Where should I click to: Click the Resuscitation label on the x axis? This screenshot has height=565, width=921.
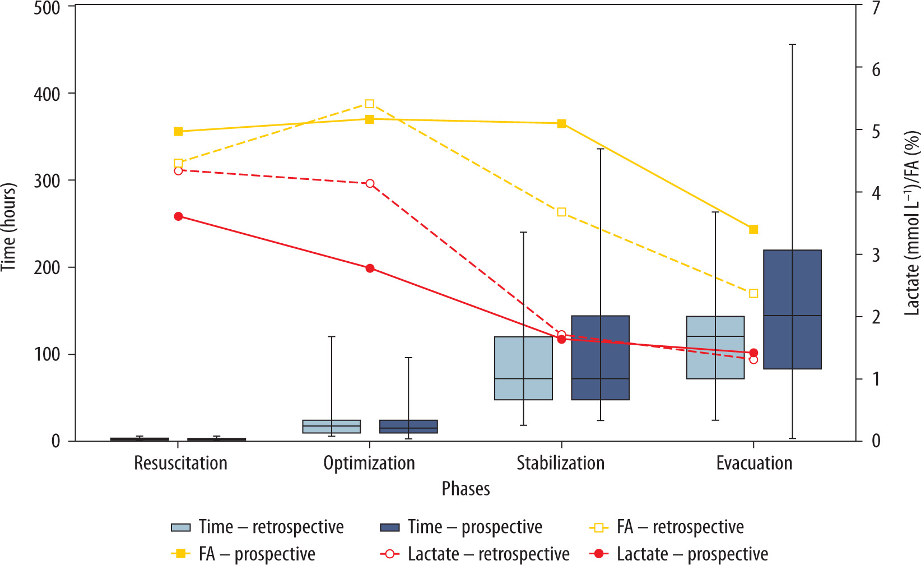click(180, 464)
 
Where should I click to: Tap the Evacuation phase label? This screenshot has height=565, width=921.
click(754, 464)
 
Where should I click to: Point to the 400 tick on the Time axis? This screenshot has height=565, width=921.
click(48, 94)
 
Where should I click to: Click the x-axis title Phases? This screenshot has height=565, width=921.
click(466, 489)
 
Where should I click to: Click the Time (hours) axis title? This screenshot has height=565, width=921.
click(9, 227)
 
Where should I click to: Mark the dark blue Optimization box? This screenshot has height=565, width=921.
click(408, 427)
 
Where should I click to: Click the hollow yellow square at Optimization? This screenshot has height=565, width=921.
click(370, 104)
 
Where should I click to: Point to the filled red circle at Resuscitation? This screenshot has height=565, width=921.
click(179, 216)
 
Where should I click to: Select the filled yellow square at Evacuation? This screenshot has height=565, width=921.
click(753, 229)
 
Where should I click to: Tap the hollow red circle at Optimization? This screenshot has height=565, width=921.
click(370, 184)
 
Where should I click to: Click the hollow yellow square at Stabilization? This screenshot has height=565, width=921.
click(562, 212)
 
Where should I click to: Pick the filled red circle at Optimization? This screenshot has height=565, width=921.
click(370, 268)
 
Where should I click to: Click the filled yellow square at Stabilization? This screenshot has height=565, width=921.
click(561, 123)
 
